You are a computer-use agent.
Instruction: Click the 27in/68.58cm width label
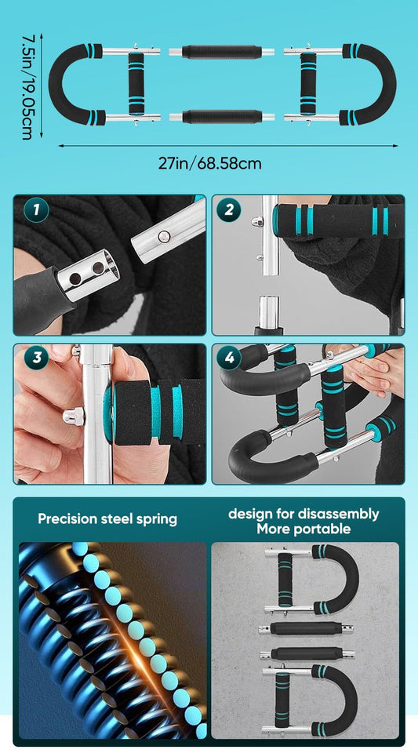coord(209,163)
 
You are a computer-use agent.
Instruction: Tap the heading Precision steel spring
coord(108,518)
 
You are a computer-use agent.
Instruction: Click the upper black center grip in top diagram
coord(221,52)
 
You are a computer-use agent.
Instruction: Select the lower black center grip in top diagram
coord(221,118)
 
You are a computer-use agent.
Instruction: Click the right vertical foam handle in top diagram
coord(307,85)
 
